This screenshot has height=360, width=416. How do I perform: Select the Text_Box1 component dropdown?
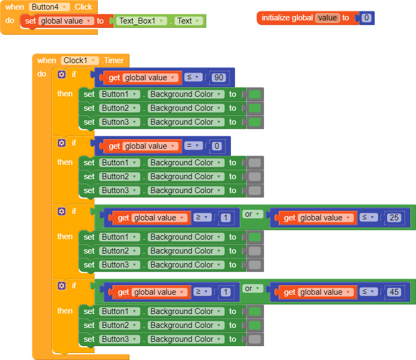click(x=140, y=21)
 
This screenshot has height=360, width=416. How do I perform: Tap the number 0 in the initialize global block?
click(x=366, y=18)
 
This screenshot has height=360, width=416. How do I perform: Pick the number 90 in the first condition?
click(x=218, y=78)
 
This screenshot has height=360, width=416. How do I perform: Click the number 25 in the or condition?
click(x=395, y=218)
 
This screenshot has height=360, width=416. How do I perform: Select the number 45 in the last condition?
click(x=395, y=292)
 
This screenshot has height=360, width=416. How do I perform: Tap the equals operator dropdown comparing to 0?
click(x=193, y=146)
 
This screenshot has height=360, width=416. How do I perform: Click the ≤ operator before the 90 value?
click(x=193, y=78)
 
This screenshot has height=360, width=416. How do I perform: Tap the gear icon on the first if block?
click(x=61, y=74)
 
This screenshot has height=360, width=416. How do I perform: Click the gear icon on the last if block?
click(x=61, y=286)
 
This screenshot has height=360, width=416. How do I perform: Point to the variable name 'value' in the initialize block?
click(x=327, y=18)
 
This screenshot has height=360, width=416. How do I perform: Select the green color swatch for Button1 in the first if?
click(x=255, y=95)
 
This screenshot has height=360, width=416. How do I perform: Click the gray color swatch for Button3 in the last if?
click(x=255, y=339)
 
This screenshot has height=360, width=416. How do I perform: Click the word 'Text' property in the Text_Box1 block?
click(x=188, y=21)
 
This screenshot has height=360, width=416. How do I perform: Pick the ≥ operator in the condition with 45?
click(x=202, y=292)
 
